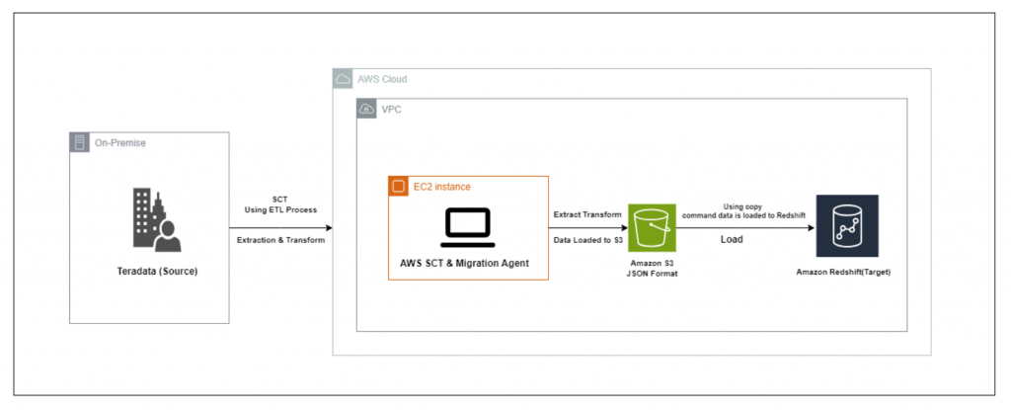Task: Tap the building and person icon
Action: point(157,219)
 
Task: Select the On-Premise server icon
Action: point(78,142)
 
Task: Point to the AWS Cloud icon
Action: point(343,79)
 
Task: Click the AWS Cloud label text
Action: point(382,79)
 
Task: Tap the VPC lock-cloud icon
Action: point(366,108)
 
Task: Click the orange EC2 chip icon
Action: point(397,186)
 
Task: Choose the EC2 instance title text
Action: point(441,187)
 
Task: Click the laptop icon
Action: point(467,228)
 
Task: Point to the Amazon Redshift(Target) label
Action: point(844,273)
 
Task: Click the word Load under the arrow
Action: point(732,239)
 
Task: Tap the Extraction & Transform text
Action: point(280,240)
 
